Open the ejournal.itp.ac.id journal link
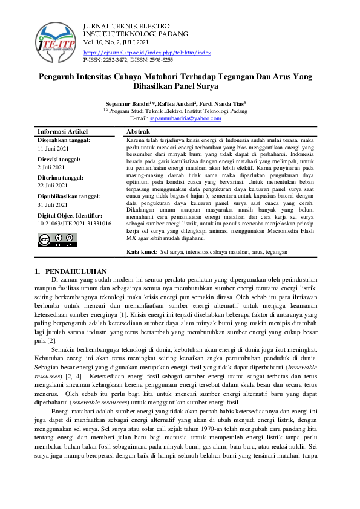[x=147, y=53]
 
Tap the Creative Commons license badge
[x=57, y=239]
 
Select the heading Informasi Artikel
[x=63, y=131]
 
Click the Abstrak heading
[x=138, y=131]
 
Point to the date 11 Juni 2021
[x=54, y=148]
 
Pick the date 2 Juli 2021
[x=52, y=167]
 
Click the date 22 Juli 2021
[x=54, y=186]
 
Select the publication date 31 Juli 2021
[x=54, y=205]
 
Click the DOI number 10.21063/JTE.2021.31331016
[x=74, y=224]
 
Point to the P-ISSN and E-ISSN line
[x=128, y=60]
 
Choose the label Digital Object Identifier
[x=70, y=216]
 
